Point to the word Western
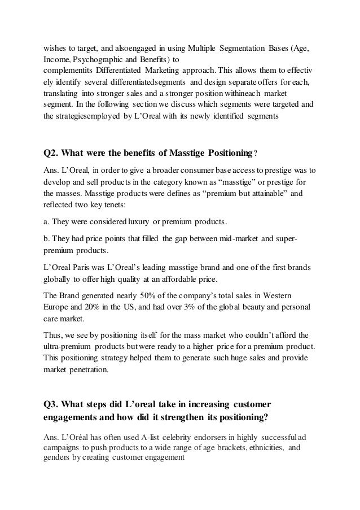(x=288, y=295)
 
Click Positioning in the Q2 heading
(x=223, y=154)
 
